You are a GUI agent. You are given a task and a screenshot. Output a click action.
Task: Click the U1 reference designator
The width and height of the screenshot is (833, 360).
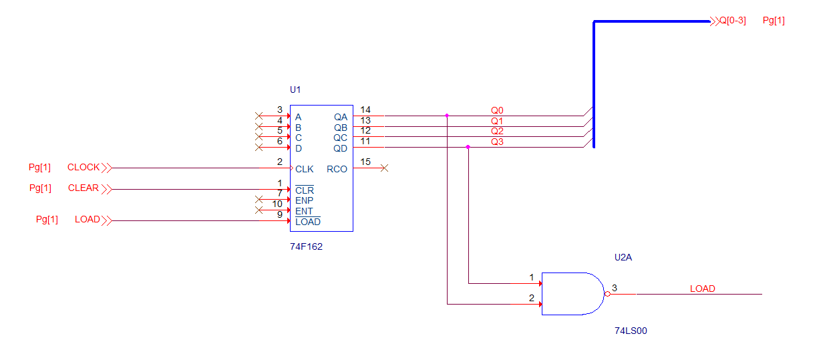point(295,89)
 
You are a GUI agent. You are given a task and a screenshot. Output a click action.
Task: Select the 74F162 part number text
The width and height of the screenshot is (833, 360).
point(306,246)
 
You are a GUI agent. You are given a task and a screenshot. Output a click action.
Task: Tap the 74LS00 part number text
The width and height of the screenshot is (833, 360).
point(631,331)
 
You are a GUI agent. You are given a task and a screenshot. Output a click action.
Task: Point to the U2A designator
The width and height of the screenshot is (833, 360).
point(623,257)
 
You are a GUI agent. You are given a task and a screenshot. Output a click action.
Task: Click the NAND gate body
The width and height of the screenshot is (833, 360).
point(572,294)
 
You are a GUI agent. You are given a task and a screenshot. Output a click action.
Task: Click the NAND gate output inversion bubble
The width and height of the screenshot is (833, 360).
point(607,294)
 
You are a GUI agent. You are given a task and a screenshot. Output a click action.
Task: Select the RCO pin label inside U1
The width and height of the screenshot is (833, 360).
point(337,169)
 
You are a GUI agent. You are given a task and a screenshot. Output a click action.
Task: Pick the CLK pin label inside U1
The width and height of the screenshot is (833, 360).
point(304,169)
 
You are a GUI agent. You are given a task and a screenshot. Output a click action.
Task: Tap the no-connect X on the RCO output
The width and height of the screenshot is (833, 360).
point(385,168)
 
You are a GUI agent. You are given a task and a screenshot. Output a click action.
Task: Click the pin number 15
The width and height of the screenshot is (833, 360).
point(365,162)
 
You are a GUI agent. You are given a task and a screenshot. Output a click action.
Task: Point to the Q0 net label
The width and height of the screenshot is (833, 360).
point(497,110)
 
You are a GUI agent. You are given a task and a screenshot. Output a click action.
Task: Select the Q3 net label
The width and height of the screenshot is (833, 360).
point(497,142)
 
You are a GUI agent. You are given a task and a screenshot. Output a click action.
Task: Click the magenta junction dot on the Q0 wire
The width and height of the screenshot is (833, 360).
point(447,116)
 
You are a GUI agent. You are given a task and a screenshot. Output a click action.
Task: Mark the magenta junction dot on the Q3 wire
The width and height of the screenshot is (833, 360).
point(468,147)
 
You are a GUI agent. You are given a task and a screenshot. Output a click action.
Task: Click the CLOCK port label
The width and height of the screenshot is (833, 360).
point(84,168)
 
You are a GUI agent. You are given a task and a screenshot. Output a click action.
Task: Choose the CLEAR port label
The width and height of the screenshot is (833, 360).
point(84,188)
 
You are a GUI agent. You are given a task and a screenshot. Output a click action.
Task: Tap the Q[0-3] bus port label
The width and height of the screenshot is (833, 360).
point(733,21)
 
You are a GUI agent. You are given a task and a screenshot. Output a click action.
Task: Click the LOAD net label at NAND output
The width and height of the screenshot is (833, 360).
point(703,289)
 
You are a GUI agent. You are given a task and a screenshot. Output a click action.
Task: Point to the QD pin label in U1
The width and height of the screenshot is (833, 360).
point(340,148)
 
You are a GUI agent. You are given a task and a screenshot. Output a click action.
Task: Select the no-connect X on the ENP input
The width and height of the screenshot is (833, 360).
point(259,200)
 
